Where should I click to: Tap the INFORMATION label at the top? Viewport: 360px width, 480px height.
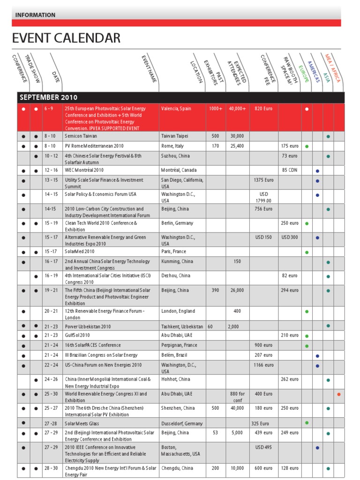(x=35, y=15)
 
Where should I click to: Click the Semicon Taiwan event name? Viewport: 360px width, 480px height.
(x=81, y=136)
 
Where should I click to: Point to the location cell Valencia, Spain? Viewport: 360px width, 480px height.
(x=176, y=109)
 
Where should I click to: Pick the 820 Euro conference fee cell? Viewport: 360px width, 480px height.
(x=263, y=109)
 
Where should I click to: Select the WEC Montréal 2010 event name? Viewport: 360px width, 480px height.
(x=84, y=170)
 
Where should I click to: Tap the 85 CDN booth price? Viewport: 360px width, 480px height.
(x=290, y=170)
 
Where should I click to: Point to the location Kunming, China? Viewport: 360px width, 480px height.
(x=177, y=262)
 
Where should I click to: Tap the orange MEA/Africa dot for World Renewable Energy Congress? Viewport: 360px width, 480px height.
(x=339, y=394)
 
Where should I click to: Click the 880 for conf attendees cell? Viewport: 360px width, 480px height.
(x=238, y=397)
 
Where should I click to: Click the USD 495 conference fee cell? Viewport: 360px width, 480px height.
(x=263, y=448)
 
